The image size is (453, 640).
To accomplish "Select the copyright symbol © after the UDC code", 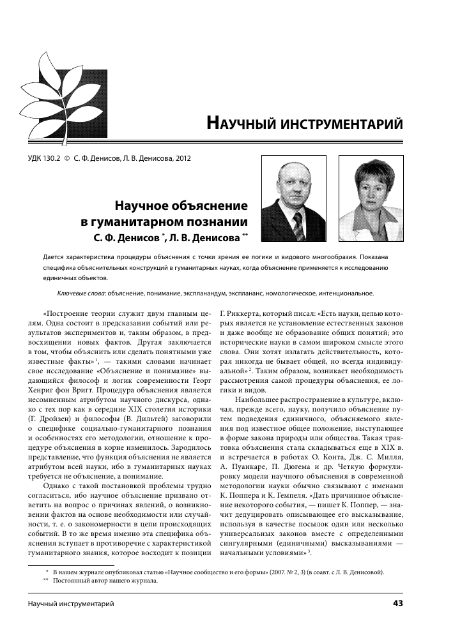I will [66, 158].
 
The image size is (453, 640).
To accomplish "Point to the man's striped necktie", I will [298, 225].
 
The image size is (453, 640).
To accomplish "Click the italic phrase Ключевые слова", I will [77, 294].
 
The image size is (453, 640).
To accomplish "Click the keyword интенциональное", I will [340, 294].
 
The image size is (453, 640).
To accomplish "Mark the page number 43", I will [398, 603].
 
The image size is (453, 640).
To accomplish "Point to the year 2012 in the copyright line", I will [181, 158].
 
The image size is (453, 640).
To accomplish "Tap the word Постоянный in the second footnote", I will [72, 581].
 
